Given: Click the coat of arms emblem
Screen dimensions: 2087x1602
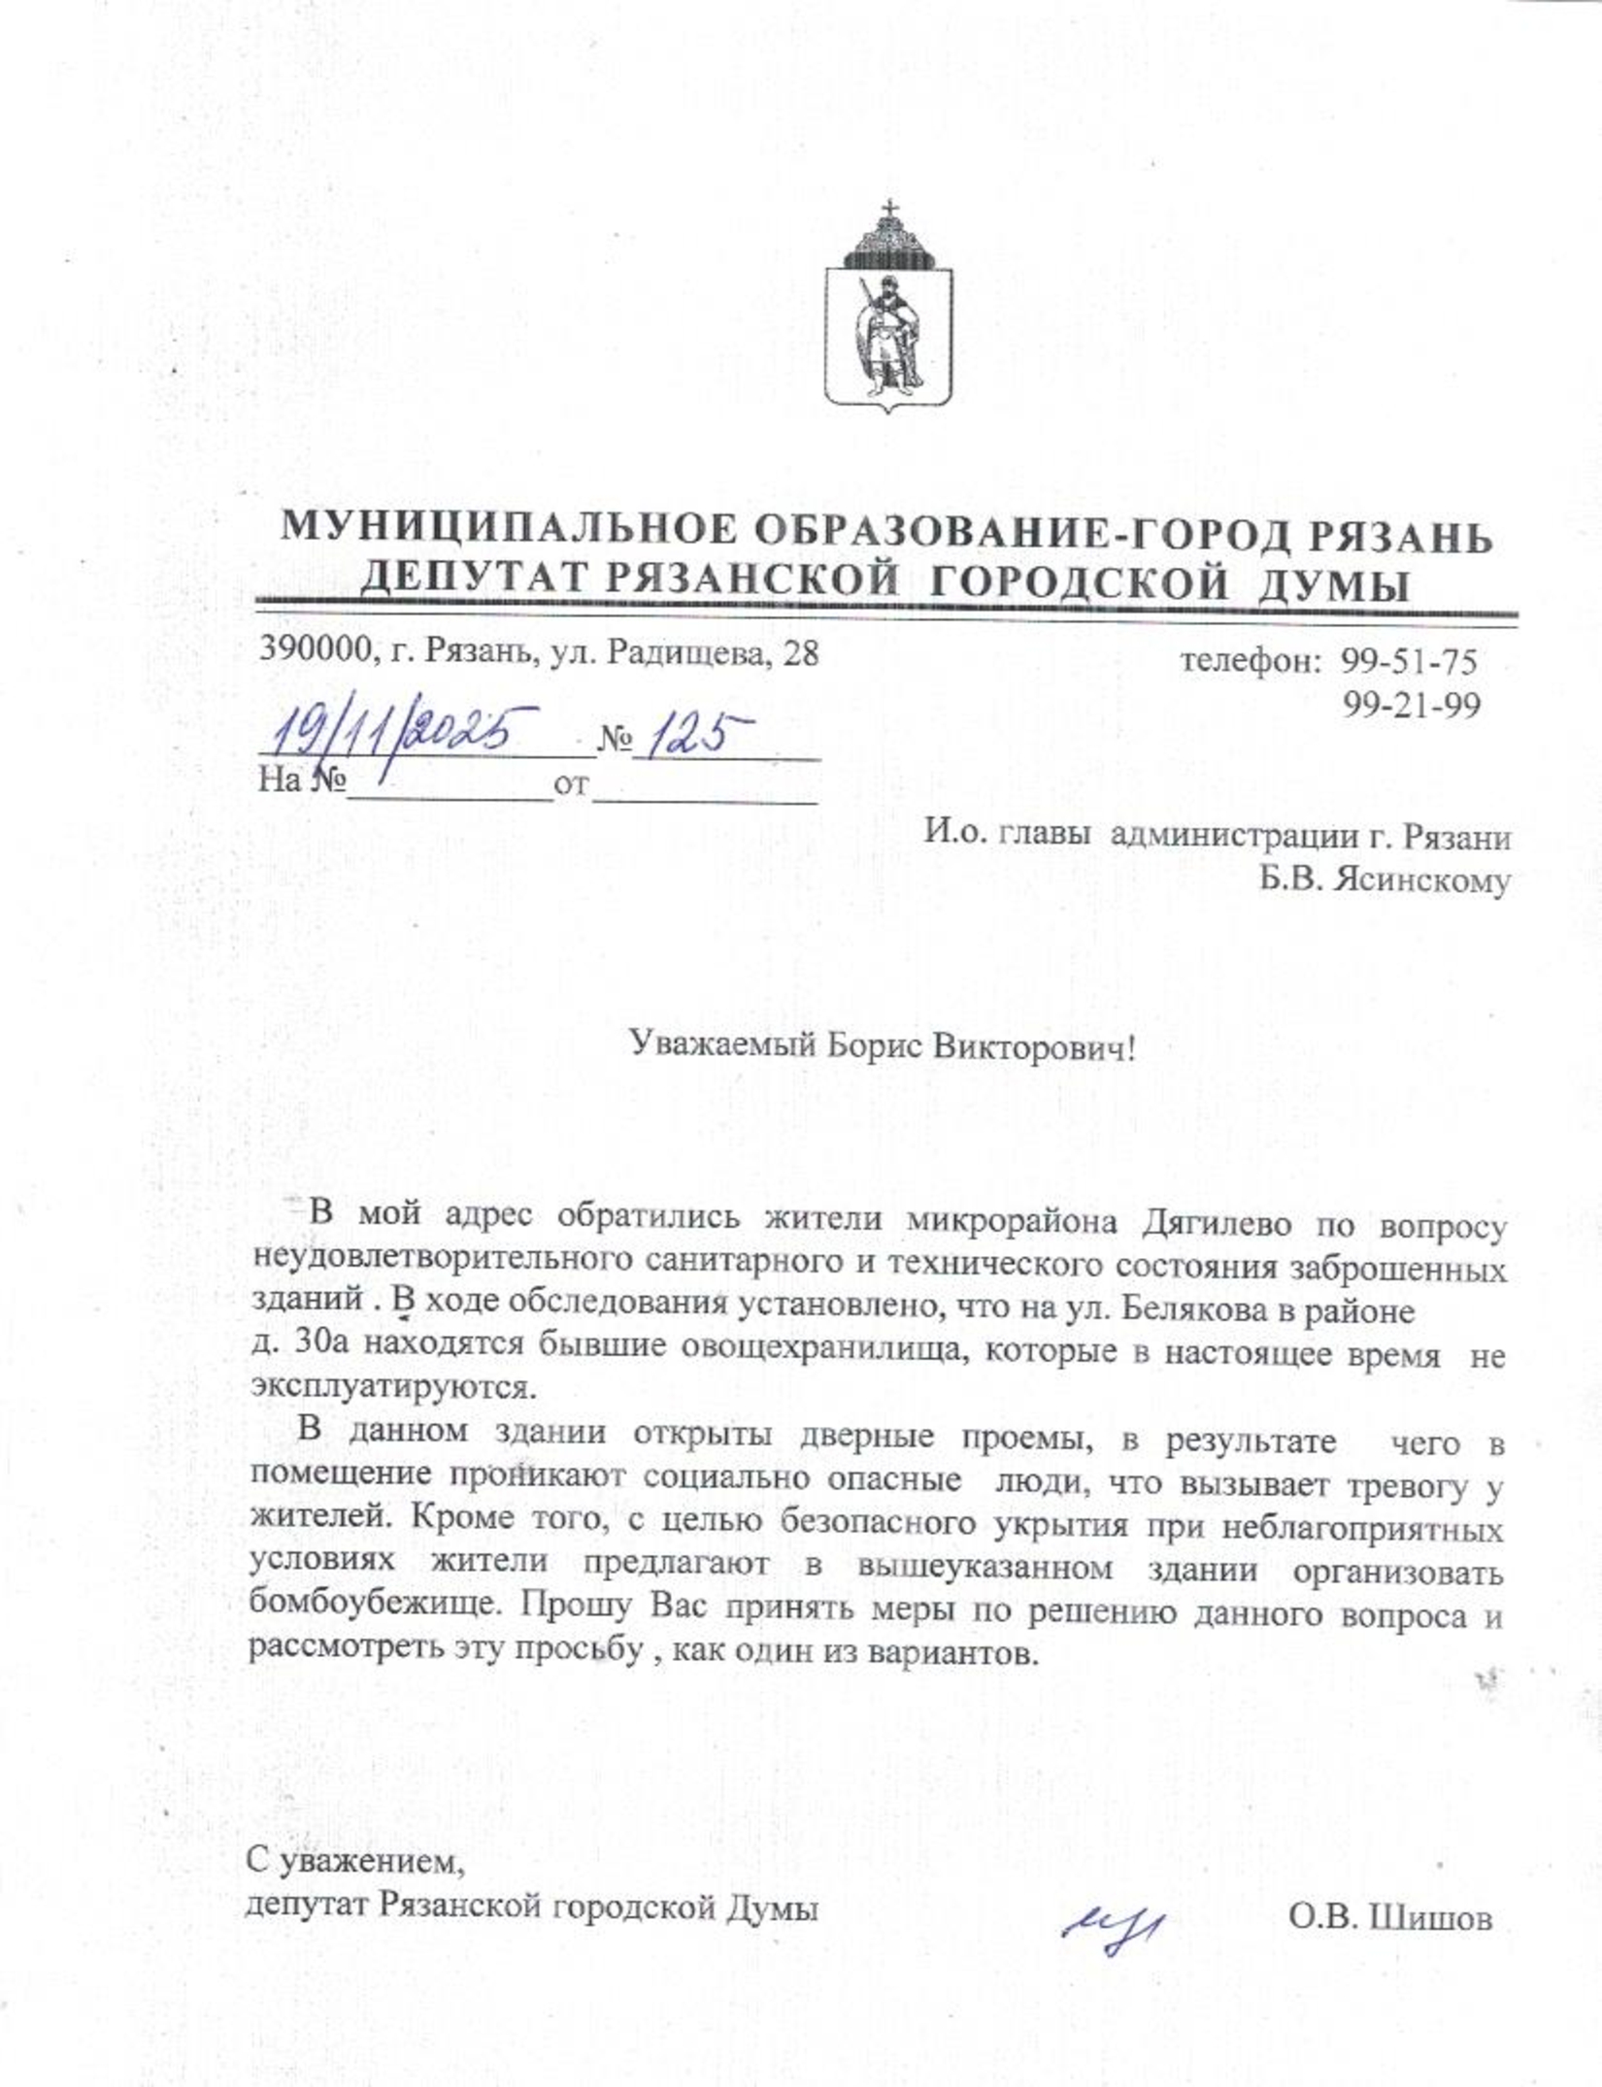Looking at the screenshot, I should point(887,309).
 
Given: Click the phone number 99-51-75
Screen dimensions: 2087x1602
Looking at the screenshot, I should point(1410,663).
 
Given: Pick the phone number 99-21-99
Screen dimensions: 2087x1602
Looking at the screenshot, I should point(1412,706).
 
